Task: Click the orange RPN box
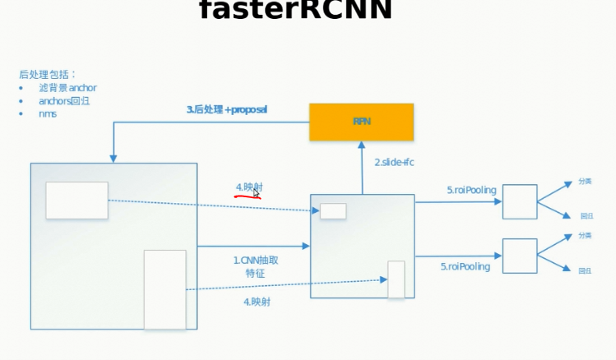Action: coord(361,122)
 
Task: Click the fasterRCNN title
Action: coord(295,11)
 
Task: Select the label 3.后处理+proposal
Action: coord(226,109)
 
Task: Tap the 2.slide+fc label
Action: coord(394,163)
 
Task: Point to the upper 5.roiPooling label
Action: coord(471,191)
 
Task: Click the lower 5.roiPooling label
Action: coord(465,266)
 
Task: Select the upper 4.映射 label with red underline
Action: coord(249,188)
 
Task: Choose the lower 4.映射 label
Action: coord(257,302)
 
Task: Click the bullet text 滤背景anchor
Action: coord(67,88)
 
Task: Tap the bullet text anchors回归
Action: coord(64,101)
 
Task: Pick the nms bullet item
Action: coord(48,114)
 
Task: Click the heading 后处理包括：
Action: coord(48,74)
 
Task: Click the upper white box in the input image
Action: coord(76,201)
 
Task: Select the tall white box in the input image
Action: coord(164,289)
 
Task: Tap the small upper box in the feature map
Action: coord(333,211)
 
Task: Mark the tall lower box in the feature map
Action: coord(396,279)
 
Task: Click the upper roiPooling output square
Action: coord(520,201)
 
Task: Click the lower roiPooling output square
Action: coord(520,256)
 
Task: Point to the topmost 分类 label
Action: coord(585,182)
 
